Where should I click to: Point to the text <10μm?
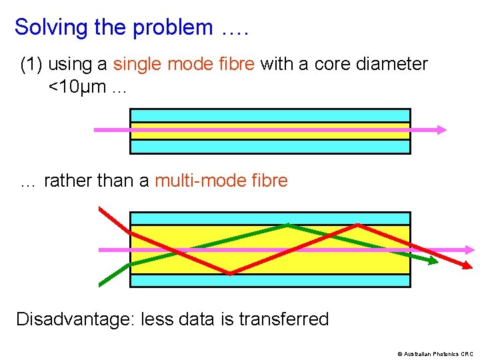73,87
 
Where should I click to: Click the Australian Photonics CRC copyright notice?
435,353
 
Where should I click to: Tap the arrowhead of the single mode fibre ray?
441,130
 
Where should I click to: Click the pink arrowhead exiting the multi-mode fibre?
470,249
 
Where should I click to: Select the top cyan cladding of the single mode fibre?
269,115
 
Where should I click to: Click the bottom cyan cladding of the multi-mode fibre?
269,281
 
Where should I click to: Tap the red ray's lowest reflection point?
229,273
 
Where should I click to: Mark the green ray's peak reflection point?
287,225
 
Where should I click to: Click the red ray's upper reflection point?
358,225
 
